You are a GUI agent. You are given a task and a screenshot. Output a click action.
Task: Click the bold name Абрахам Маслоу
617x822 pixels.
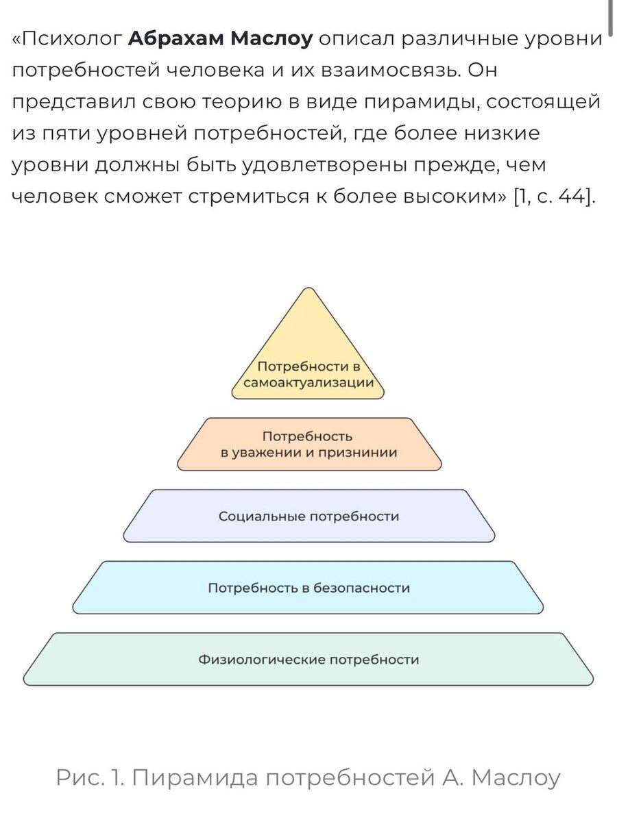tap(220, 39)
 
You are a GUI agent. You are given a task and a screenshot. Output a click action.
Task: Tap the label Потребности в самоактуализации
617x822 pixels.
tap(308, 375)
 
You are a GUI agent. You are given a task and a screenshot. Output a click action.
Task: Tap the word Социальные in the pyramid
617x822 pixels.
tap(262, 516)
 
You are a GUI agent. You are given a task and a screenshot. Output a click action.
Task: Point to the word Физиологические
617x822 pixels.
tap(262, 660)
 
